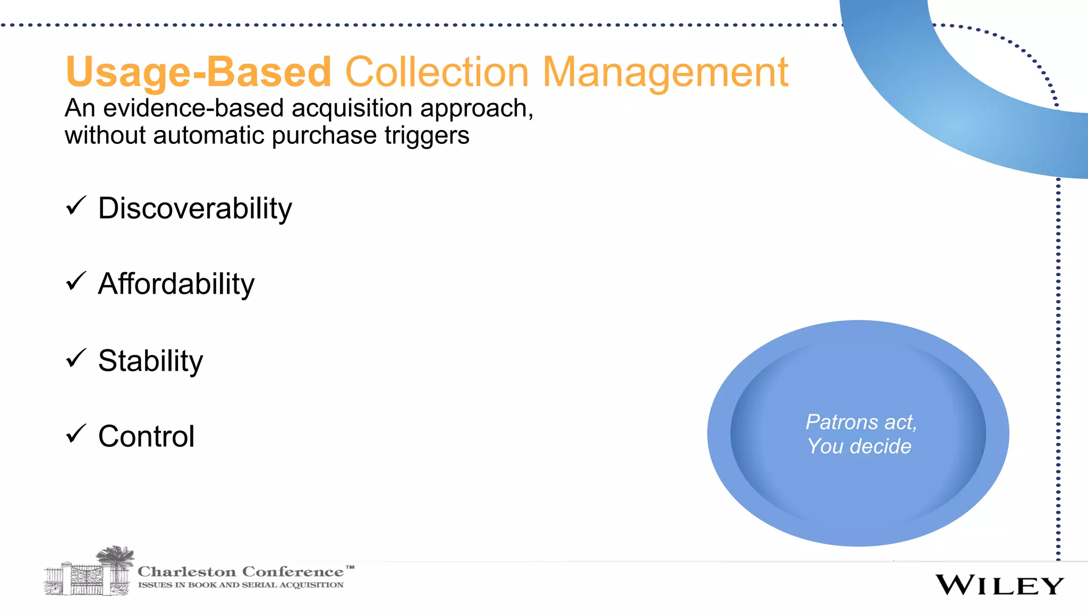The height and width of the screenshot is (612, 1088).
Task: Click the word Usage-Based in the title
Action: pos(198,72)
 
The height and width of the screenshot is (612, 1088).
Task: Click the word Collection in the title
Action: pos(437,72)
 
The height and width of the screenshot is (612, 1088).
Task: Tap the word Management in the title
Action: pos(665,72)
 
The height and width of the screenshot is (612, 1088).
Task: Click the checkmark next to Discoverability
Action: pos(76,206)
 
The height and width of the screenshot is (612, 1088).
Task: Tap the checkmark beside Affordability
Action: pos(76,282)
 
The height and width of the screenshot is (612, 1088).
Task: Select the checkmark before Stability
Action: pos(76,359)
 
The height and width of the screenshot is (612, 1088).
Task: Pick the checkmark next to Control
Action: pos(76,434)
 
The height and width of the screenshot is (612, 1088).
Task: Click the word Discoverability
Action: pos(195,208)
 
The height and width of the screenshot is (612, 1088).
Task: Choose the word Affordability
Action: pos(176,284)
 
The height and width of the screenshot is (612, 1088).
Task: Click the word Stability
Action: pos(150,361)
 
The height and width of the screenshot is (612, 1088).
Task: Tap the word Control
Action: pos(146,436)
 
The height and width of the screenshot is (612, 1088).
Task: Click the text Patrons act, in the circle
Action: pos(861,422)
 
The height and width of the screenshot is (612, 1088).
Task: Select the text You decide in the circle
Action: pos(859,446)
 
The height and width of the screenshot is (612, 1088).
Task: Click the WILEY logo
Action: pos(999,585)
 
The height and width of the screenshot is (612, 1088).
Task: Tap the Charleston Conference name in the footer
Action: pos(241,572)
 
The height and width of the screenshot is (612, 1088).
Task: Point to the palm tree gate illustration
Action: pos(89,572)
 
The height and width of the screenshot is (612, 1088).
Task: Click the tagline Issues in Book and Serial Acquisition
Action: pos(241,585)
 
